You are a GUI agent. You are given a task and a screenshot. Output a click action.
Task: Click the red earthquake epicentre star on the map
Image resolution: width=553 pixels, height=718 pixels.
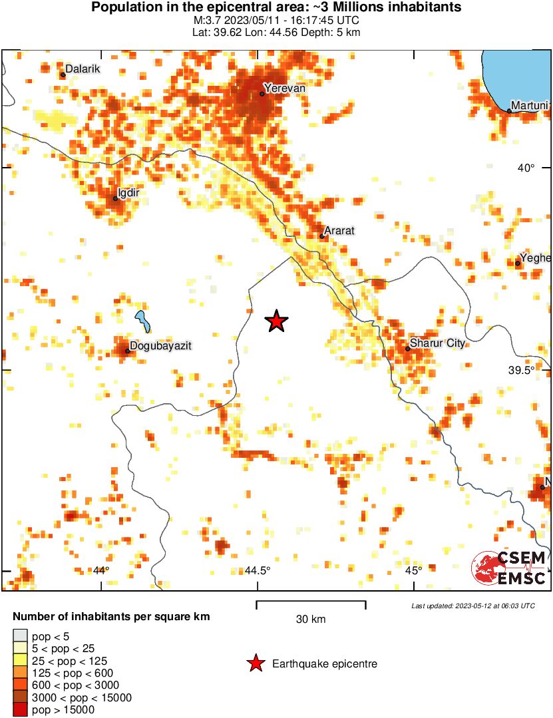click(x=276, y=321)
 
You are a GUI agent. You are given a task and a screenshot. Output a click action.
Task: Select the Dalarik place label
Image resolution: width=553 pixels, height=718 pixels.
click(x=83, y=69)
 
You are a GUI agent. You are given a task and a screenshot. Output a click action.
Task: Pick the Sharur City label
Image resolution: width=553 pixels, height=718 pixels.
click(x=437, y=343)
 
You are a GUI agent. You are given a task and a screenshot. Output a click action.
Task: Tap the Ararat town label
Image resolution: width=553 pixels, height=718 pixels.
click(x=339, y=231)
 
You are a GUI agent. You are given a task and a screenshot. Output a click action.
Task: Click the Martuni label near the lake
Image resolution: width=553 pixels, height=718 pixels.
click(x=529, y=106)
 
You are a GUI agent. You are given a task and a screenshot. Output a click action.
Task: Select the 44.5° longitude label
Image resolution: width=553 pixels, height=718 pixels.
click(x=258, y=570)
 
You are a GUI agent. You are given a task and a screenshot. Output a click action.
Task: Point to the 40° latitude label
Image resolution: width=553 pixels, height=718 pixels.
click(x=526, y=168)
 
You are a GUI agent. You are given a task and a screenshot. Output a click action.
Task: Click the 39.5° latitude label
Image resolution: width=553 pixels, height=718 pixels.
click(x=522, y=370)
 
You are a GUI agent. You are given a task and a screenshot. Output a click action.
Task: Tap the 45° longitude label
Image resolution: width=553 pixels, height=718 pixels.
click(x=414, y=570)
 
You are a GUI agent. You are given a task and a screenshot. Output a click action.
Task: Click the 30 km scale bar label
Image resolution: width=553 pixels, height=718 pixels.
click(x=311, y=620)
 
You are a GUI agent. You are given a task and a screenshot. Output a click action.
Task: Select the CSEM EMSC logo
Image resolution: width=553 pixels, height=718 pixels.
click(x=510, y=568)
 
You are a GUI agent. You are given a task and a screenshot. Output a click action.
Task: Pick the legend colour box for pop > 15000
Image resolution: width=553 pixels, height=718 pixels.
click(x=20, y=710)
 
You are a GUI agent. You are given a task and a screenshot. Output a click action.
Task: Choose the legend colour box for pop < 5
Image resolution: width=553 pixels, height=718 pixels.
click(x=20, y=637)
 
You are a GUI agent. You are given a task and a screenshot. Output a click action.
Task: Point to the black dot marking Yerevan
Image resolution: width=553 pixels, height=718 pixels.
click(x=262, y=93)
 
